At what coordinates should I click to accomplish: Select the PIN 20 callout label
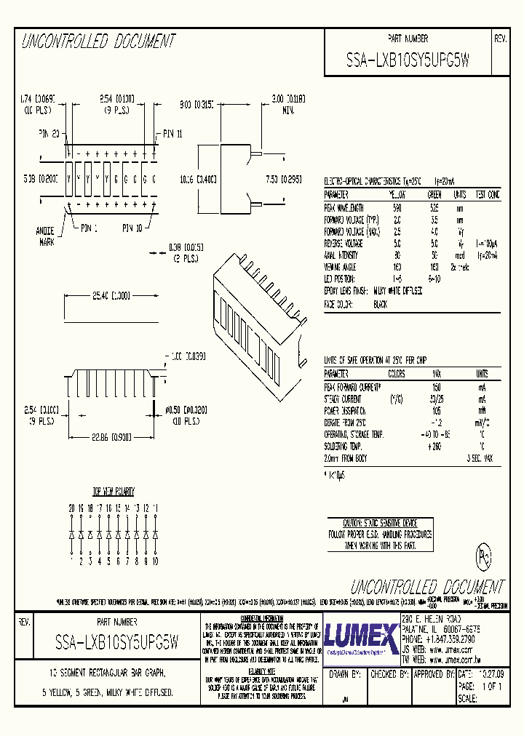click(x=50, y=134)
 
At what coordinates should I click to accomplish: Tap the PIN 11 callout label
click(x=174, y=134)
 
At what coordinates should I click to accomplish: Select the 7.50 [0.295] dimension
click(x=277, y=179)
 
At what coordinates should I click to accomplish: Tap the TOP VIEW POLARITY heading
click(x=113, y=492)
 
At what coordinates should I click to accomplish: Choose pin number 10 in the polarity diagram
click(x=154, y=561)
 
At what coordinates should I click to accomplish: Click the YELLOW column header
click(x=397, y=195)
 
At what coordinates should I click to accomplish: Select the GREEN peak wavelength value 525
click(x=434, y=208)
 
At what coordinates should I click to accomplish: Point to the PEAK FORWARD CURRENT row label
click(x=352, y=387)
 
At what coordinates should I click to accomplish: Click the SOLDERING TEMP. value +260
click(x=434, y=446)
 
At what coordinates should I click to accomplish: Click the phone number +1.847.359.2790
click(x=440, y=639)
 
